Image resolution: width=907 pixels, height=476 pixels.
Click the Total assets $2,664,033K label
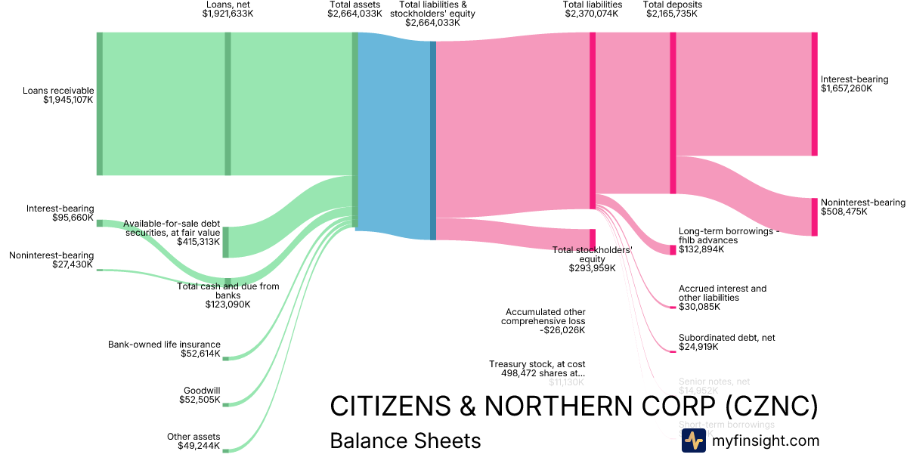tap(354, 9)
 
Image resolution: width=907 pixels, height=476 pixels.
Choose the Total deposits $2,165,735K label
tap(672, 9)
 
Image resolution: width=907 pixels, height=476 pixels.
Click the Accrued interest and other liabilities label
tap(722, 298)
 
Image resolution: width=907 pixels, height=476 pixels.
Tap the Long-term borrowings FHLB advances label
tap(728, 240)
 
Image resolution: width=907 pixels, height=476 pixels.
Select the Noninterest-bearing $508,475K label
tap(862, 207)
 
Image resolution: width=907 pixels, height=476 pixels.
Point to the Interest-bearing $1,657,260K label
tap(854, 84)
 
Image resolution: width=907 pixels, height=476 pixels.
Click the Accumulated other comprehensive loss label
tap(543, 320)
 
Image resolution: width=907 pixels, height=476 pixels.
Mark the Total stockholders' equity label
tap(592, 259)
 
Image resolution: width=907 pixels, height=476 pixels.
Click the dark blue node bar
tap(433, 140)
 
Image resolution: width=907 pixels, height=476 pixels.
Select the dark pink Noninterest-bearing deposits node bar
tap(814, 217)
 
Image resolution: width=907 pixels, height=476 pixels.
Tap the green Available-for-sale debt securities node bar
tap(225, 242)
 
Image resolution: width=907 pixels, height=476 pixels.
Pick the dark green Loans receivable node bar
tap(99, 104)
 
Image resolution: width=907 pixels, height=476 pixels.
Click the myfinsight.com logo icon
tap(693, 440)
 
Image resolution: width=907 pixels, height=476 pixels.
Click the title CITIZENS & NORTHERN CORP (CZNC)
tap(574, 406)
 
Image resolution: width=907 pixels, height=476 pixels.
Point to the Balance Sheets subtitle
tap(405, 440)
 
